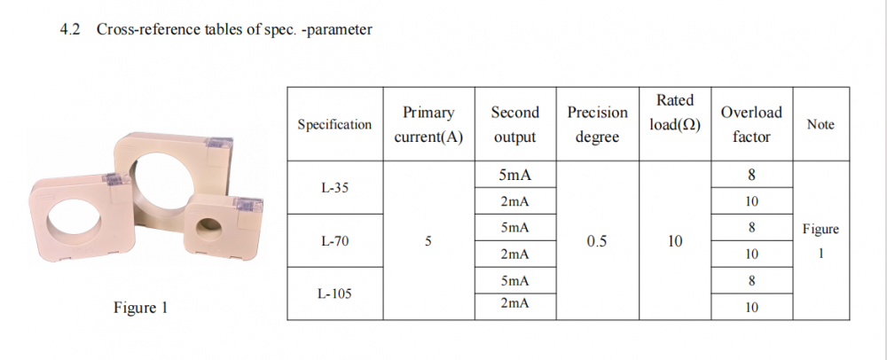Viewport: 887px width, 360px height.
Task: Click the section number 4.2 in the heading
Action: (x=69, y=29)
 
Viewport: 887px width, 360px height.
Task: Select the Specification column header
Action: (x=334, y=125)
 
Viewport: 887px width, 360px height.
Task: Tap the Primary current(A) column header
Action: (x=428, y=125)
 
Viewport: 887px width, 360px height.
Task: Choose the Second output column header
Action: (x=514, y=125)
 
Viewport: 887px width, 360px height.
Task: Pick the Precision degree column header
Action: (x=597, y=125)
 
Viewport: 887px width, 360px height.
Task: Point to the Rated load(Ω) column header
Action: (x=675, y=113)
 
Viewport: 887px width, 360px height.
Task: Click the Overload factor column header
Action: (x=751, y=125)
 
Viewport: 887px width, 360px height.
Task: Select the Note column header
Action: (x=820, y=125)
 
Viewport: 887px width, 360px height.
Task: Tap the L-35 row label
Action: (x=334, y=188)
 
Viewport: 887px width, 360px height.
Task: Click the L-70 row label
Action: (x=334, y=241)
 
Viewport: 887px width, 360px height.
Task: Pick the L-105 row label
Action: (x=334, y=293)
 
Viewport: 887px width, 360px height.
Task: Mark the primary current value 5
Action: (x=428, y=241)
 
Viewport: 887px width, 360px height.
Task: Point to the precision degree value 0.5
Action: (x=597, y=241)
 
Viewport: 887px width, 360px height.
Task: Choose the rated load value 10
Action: (x=675, y=241)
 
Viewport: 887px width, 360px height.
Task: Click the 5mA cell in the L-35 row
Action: (x=514, y=176)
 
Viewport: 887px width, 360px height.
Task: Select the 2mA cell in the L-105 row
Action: (x=514, y=307)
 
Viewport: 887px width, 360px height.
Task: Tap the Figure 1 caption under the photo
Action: (x=140, y=309)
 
